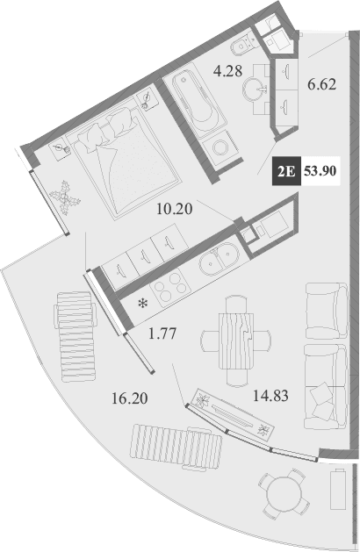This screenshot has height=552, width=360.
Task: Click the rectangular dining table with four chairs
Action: pyautogui.click(x=235, y=339)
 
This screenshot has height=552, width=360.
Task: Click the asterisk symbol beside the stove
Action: pyautogui.click(x=142, y=305)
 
